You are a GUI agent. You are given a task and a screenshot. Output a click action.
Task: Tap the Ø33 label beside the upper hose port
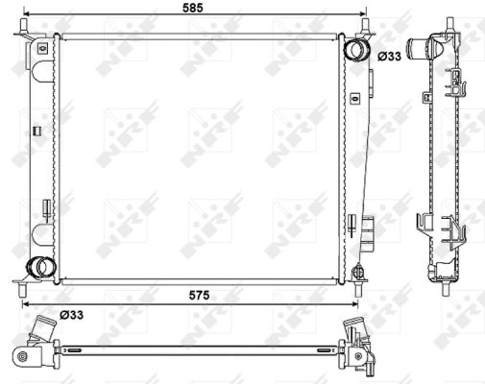tap(389, 57)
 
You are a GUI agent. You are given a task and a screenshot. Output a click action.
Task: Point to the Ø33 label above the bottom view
tap(71, 313)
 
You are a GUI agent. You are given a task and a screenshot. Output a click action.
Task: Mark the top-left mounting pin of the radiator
tap(20, 36)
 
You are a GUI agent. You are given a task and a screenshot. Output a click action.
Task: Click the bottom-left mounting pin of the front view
tap(20, 283)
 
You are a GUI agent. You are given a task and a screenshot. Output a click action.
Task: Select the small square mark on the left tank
tap(36, 132)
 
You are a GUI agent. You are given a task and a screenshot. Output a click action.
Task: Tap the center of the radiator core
tap(199, 158)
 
